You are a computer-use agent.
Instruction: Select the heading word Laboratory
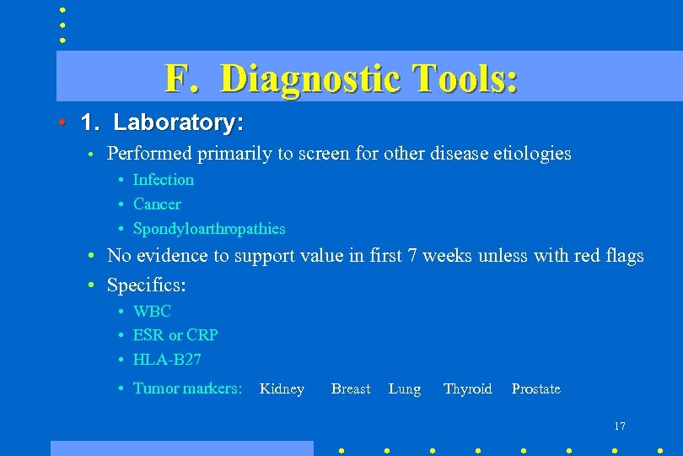tap(178, 122)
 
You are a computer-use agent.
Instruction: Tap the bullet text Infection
tap(164, 179)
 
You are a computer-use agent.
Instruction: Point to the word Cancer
tap(157, 204)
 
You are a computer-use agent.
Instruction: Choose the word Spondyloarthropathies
tap(209, 228)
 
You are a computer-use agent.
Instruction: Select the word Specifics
tap(146, 285)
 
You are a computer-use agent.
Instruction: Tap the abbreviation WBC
tap(152, 311)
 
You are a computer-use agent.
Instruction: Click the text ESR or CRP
tap(175, 334)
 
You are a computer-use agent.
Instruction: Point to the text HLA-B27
tap(167, 359)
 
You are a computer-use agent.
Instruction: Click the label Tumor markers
tap(187, 388)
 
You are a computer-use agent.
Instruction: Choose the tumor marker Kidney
tap(282, 388)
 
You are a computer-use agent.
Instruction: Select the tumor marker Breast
tap(351, 388)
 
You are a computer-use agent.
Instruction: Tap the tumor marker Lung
tap(405, 388)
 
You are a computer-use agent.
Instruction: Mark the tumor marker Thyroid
tap(467, 388)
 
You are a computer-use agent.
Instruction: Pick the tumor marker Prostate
tap(535, 388)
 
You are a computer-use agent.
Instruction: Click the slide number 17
tap(620, 426)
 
